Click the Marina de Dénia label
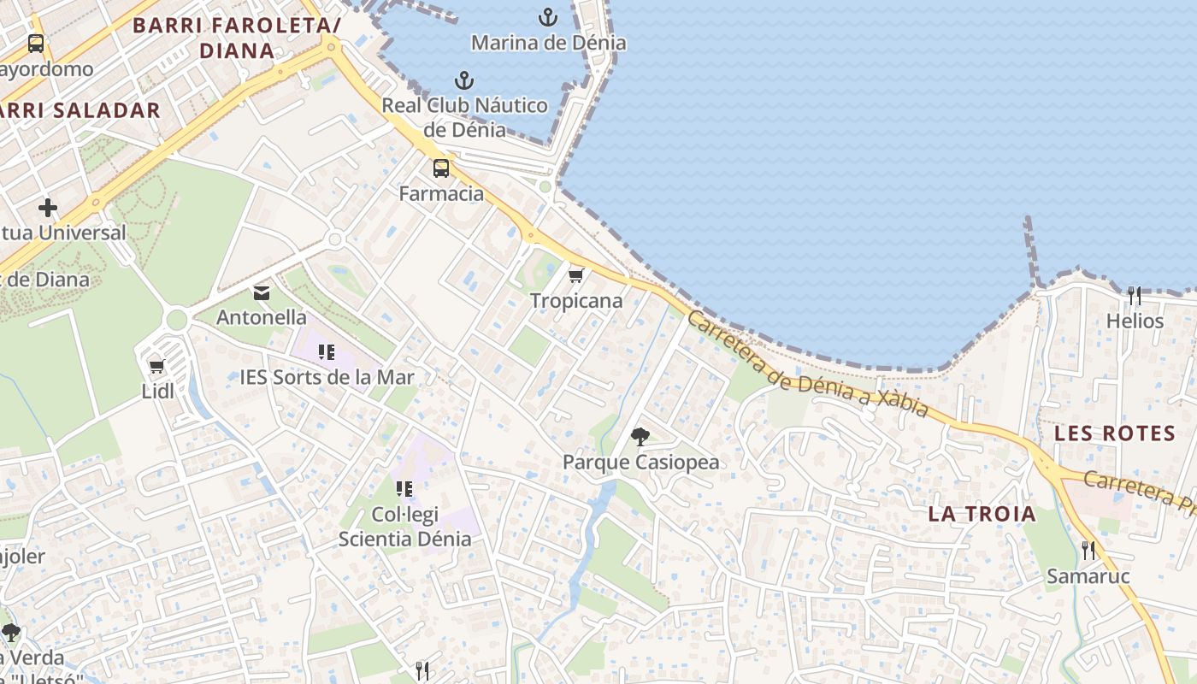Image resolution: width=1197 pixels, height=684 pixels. click(548, 42)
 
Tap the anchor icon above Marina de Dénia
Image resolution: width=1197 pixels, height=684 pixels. click(547, 16)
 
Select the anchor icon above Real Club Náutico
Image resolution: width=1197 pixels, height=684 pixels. click(463, 80)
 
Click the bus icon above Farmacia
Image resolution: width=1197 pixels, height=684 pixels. click(441, 168)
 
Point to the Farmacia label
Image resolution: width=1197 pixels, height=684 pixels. click(441, 193)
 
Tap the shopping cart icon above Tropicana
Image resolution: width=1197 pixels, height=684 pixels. click(575, 275)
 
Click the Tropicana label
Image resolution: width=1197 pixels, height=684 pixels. click(576, 301)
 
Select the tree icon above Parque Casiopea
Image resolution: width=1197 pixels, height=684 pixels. click(640, 437)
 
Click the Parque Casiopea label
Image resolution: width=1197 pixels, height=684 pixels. click(640, 463)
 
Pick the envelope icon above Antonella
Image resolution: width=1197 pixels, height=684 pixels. click(262, 293)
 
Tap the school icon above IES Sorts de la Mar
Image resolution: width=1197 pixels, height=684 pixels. click(326, 352)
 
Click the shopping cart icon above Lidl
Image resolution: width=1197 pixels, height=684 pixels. click(156, 366)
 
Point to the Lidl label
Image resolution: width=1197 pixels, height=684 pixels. click(157, 391)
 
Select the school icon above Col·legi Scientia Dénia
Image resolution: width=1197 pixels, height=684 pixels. click(404, 489)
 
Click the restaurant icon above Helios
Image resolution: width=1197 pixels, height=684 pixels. click(1135, 296)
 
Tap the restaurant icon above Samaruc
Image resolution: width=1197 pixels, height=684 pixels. click(1088, 551)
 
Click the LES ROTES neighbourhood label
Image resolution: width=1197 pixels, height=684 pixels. click(1115, 433)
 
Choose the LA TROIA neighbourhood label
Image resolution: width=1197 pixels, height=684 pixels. click(982, 514)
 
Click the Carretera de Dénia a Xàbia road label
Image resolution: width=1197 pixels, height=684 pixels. click(807, 365)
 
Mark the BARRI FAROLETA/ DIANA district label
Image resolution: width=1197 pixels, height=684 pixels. click(237, 38)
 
